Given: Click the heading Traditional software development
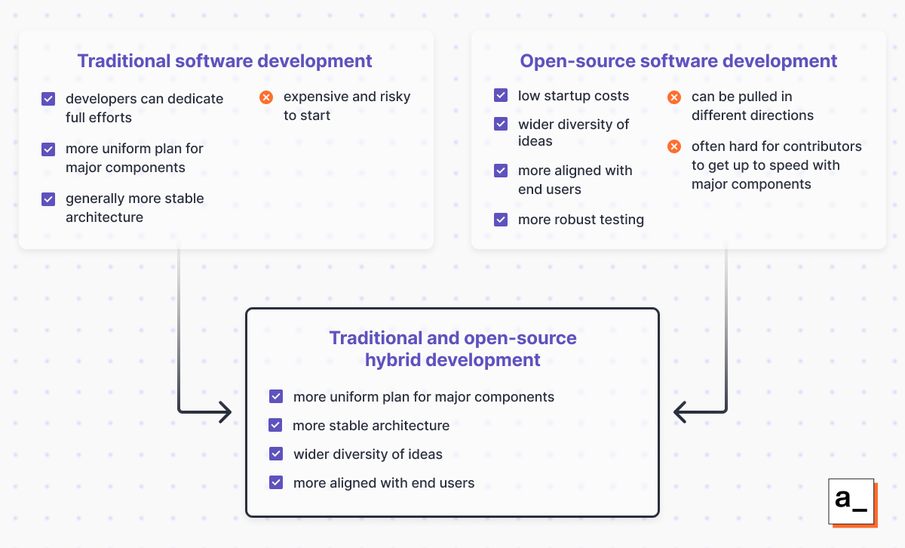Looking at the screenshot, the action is pos(225,61).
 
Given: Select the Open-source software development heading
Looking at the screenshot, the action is pos(678,61).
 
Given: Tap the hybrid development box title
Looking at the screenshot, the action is pos(452,349).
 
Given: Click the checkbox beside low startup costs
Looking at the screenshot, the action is pos(501,96).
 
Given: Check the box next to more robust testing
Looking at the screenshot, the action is pos(501,220).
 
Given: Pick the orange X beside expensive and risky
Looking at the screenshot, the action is pos(265,97).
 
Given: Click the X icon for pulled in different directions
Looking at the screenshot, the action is pos(675,97).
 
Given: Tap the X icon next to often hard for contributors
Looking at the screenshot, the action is pos(675,146).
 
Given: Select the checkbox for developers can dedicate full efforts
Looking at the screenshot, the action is pos(48,99).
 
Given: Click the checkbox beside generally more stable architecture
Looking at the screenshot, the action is pos(48,199).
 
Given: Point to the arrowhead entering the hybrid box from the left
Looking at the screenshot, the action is pos(223,412).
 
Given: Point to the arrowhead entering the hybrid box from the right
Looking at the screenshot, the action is pos(682,412).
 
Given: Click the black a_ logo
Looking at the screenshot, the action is pos(851,501).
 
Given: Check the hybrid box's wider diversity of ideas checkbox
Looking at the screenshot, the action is pos(276,454).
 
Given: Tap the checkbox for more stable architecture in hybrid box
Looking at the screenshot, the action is pos(276,426).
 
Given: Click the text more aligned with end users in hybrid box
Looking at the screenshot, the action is pos(384,483).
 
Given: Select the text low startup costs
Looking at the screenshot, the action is pos(573,96).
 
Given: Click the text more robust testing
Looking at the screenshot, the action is pos(581,220).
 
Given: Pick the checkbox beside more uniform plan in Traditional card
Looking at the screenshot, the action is pos(48,149).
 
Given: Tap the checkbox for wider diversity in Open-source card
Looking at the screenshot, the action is pos(501,125).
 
